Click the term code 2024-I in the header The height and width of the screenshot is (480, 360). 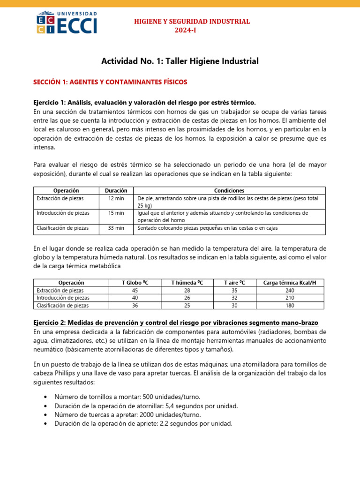click(x=192, y=30)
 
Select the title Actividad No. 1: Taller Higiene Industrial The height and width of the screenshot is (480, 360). click(x=180, y=61)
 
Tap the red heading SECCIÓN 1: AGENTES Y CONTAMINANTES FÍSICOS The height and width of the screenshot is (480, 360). click(x=110, y=82)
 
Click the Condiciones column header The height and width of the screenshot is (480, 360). click(x=229, y=191)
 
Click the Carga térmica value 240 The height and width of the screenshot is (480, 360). click(x=290, y=290)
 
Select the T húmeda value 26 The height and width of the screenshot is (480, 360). click(x=187, y=298)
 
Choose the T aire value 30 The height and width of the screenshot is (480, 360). click(x=234, y=305)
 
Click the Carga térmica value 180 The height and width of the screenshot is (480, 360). click(x=290, y=305)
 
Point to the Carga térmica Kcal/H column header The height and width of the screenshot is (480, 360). click(x=290, y=283)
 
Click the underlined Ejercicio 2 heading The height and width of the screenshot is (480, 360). click(x=176, y=323)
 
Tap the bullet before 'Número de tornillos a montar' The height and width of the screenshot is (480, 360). click(x=45, y=397)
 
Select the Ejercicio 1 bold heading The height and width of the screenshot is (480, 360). click(x=144, y=102)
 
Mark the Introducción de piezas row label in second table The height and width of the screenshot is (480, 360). click(x=62, y=298)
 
